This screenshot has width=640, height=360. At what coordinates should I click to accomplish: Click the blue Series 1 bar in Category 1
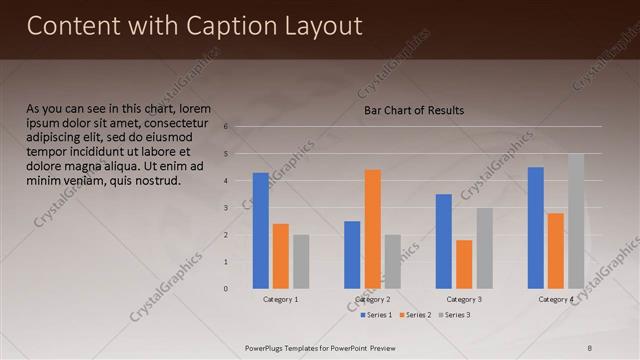(261, 230)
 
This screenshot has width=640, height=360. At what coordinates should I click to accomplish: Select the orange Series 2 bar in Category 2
(373, 229)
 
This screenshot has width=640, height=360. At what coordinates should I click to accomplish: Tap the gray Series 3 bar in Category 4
(576, 221)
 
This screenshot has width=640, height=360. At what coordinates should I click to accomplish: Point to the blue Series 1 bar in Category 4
(536, 227)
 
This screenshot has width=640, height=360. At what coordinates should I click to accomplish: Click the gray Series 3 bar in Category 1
(301, 261)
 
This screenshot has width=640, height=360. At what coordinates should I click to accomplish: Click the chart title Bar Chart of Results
(414, 110)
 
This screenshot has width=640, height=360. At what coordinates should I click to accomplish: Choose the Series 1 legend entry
(375, 315)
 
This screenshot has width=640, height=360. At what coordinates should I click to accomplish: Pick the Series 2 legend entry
(414, 315)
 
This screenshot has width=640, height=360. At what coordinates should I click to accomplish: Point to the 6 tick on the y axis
(227, 127)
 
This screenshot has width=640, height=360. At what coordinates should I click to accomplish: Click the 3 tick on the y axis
(227, 208)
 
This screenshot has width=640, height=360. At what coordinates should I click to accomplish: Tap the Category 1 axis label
(281, 299)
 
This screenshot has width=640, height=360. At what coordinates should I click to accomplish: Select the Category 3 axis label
(464, 299)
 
